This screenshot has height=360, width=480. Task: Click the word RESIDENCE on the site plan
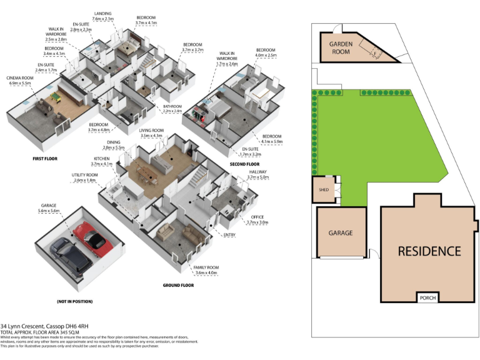429,251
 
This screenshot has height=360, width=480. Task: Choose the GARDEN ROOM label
342,49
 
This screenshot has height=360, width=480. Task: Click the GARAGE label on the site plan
341,233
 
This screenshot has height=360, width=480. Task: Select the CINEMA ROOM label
19,79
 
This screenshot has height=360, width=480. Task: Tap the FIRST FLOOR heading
44,159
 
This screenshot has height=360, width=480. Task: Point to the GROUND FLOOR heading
179,285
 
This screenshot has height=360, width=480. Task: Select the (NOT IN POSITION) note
74,301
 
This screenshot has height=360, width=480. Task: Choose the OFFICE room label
259,217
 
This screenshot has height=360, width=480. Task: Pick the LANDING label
103,14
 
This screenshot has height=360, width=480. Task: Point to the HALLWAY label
259,172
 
